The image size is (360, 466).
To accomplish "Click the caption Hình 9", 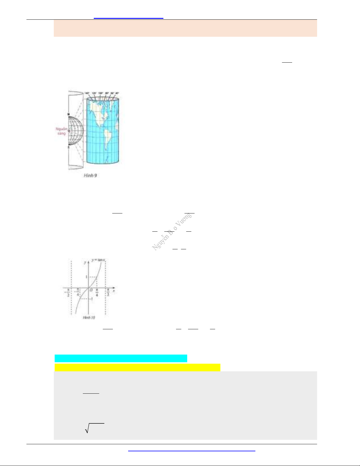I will tap(90, 176).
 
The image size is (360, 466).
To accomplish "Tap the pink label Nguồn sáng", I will tap(61, 131).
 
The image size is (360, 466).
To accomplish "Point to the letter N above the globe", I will tap(68, 114).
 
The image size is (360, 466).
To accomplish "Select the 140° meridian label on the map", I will tap(87, 93).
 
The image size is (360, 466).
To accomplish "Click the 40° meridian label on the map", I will tap(117, 93).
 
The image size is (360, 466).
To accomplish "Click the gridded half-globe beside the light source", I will tap(76, 131).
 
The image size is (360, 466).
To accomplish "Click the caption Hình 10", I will tap(89, 318).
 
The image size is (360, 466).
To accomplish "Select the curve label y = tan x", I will tap(98, 260).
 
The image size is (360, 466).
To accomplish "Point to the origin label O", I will tap(91, 290).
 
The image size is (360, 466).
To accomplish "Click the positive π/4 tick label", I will tap(97, 293).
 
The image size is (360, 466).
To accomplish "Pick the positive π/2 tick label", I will tap(108, 293).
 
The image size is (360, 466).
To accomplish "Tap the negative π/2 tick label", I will tap(68, 293).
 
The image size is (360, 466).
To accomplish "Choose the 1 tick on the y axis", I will tap(86, 277).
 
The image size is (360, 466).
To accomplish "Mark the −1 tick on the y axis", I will tap(91, 299).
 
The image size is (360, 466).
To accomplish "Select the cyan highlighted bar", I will tap(121, 358).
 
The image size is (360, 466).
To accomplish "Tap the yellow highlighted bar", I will tap(137, 368).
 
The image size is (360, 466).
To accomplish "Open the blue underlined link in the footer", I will tap(192, 450).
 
